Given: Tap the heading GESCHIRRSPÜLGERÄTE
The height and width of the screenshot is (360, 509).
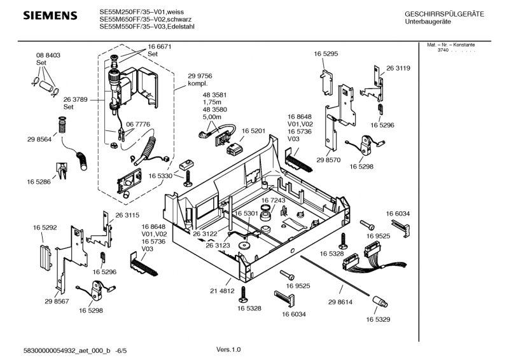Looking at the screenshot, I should pyautogui.click(x=444, y=14).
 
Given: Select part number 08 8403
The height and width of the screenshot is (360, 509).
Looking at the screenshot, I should pyautogui.click(x=48, y=56).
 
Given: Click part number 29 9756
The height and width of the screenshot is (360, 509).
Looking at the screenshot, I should pyautogui.click(x=200, y=76).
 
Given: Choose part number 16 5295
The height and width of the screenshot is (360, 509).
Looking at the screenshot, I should pyautogui.click(x=325, y=55).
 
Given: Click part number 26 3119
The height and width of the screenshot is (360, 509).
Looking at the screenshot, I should pyautogui.click(x=398, y=68).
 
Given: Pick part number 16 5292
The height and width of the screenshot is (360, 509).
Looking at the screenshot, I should pyautogui.click(x=45, y=227).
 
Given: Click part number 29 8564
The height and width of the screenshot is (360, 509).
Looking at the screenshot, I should pyautogui.click(x=39, y=139).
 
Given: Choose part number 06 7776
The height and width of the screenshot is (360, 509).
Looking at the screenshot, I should pyautogui.click(x=138, y=124).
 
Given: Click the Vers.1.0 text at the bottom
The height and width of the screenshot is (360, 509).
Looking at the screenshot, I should pyautogui.click(x=228, y=349).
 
